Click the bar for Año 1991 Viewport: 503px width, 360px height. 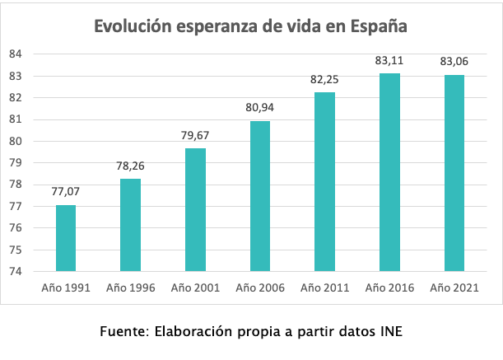coord(66,238)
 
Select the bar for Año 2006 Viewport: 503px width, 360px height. coord(260,196)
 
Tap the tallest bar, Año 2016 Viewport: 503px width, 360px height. coord(389,172)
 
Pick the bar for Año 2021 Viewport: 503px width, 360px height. coord(454,173)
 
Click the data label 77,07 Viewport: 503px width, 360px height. coord(66,190)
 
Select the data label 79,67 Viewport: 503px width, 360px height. coord(195,133)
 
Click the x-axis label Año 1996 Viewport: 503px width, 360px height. coord(131,288)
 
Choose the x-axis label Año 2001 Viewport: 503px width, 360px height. coord(195,288)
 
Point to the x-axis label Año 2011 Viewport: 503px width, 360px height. coord(324,288)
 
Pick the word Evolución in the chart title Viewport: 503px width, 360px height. coord(132,26)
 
